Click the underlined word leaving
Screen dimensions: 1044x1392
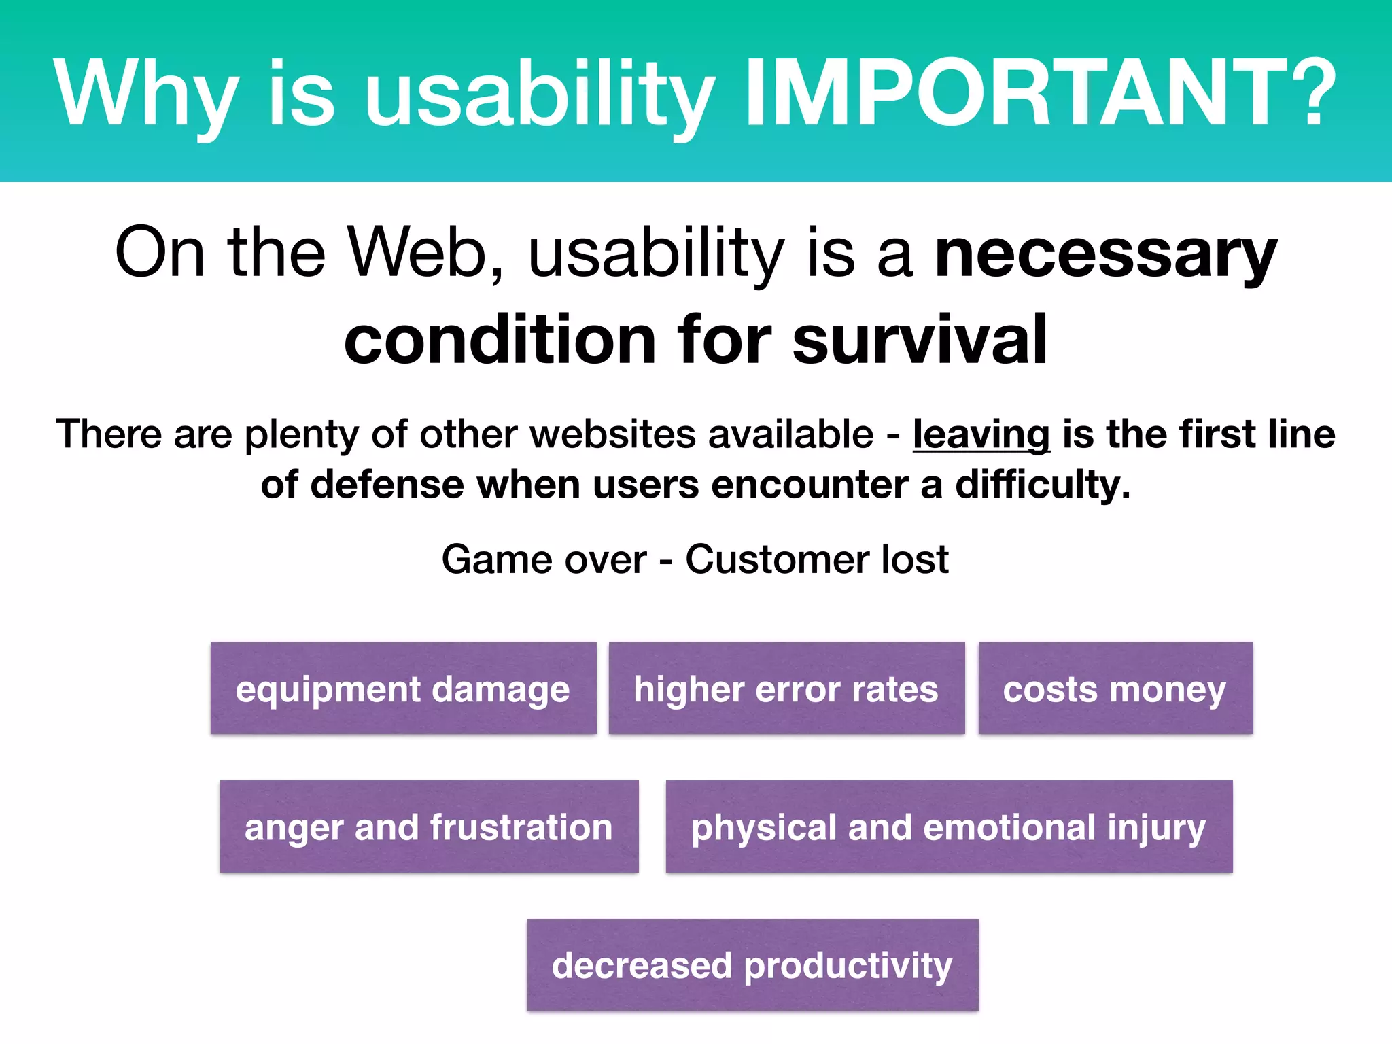[981, 434]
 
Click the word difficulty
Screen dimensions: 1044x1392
[1042, 485]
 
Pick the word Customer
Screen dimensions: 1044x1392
[777, 560]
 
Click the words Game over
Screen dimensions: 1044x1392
[544, 560]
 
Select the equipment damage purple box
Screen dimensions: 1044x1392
[403, 688]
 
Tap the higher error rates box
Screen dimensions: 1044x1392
[786, 688]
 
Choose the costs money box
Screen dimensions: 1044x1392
[1115, 688]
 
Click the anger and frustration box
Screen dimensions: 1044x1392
[429, 826]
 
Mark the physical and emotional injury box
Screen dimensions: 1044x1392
[949, 826]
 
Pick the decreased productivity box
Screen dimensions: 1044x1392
[752, 965]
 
